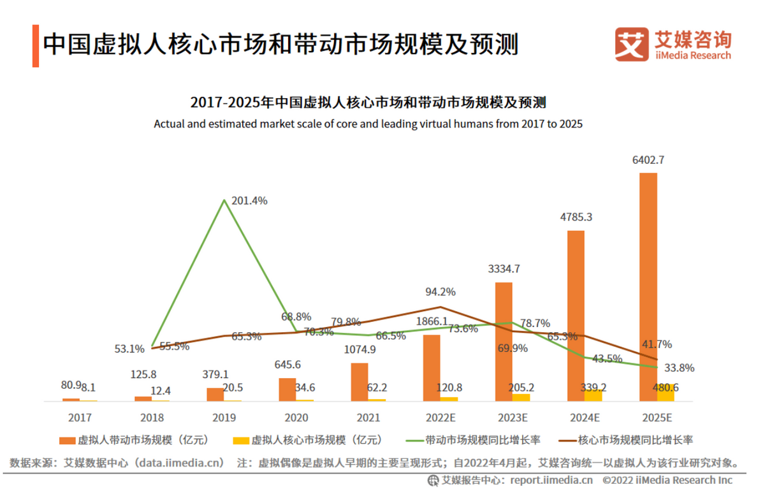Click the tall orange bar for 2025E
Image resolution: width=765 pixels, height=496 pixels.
(648, 287)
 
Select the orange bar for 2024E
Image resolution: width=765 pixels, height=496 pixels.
(576, 316)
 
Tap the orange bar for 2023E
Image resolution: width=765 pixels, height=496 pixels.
(504, 342)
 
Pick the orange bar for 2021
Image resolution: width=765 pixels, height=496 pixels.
(360, 382)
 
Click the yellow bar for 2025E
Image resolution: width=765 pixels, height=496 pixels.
(666, 393)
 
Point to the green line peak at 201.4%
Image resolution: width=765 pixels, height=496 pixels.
(224, 200)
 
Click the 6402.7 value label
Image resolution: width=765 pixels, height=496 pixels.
(648, 161)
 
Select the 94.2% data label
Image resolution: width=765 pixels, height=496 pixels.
(441, 292)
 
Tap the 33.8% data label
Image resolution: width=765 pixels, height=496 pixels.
(679, 368)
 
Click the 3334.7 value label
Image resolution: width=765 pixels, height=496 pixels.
(504, 269)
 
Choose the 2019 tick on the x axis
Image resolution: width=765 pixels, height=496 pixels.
(224, 418)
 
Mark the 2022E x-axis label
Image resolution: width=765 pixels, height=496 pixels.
(441, 418)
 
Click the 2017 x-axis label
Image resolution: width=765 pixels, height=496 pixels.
(80, 418)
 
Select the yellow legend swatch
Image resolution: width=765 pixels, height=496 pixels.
(241, 440)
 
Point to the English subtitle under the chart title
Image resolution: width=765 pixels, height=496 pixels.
(368, 124)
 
